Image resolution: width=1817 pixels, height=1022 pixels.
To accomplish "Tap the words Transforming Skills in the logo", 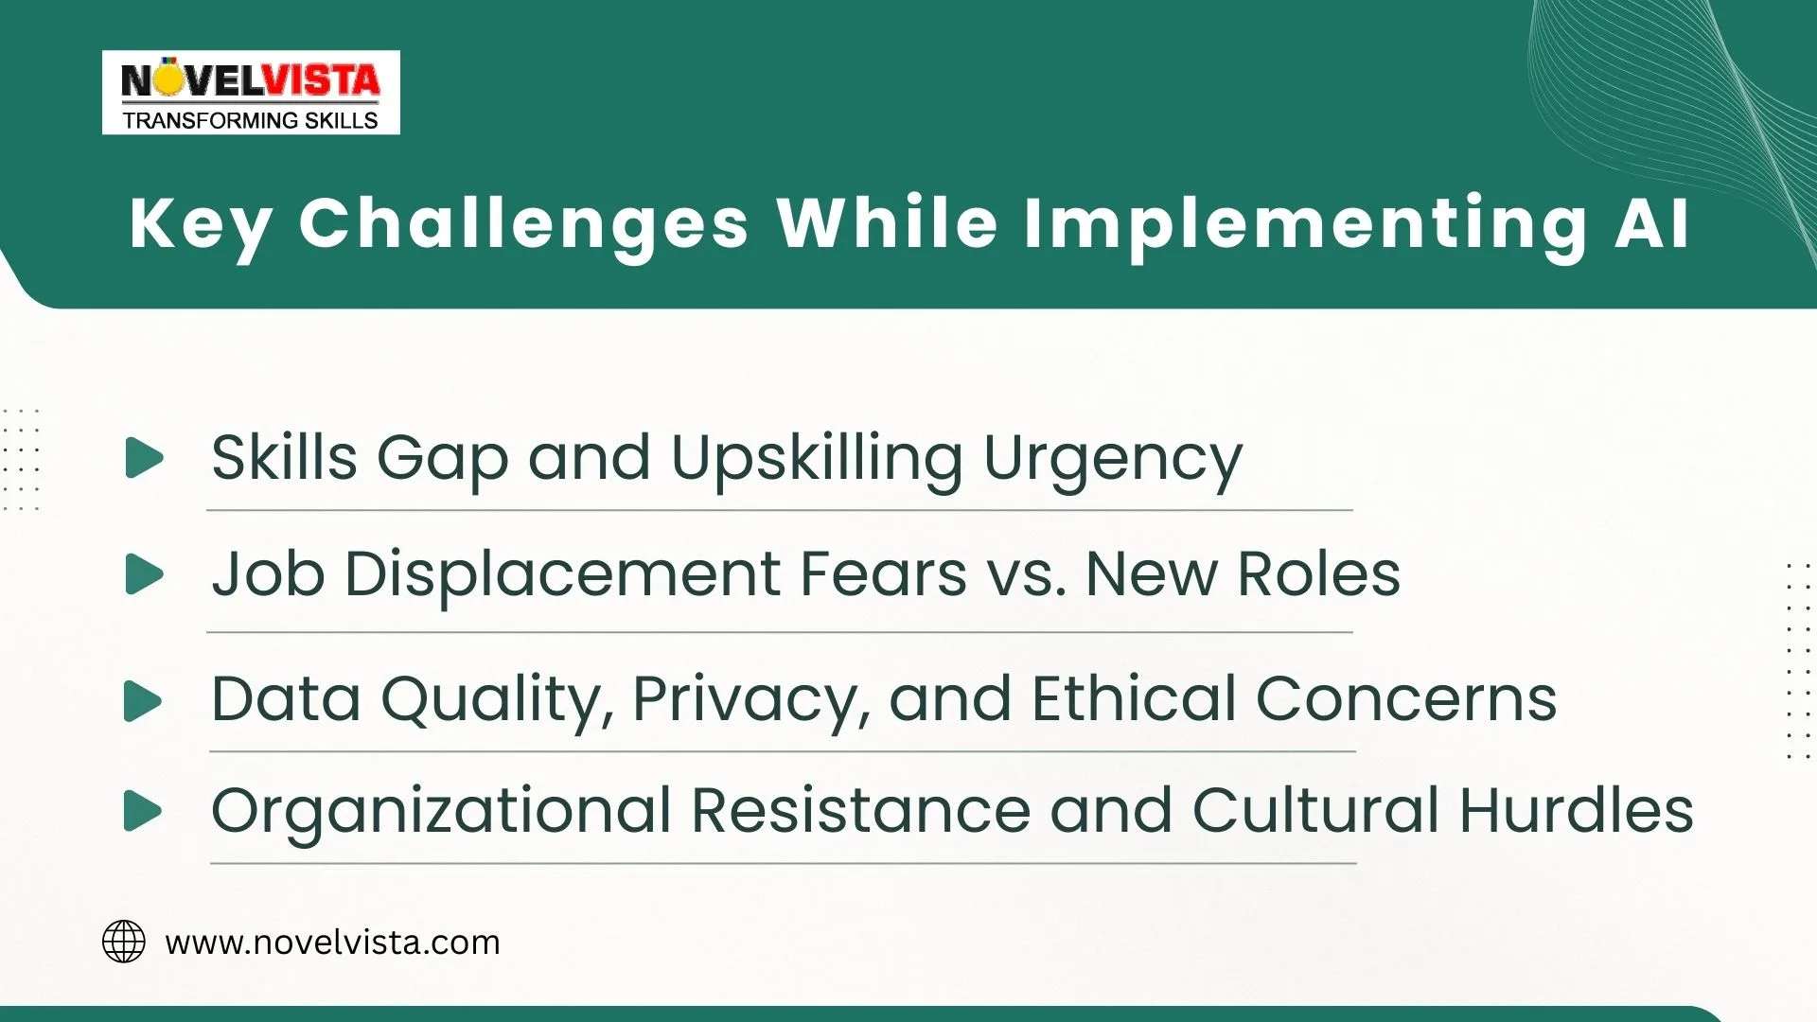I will pos(250,120).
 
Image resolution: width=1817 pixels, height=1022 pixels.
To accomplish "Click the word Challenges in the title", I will pos(523,224).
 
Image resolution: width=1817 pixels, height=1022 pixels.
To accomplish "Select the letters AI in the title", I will pos(1651,224).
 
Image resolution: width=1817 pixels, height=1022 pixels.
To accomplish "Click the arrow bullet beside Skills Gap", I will pos(144,458).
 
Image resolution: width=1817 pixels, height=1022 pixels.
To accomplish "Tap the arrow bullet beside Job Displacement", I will pos(144,574).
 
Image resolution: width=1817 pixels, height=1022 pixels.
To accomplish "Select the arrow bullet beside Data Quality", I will pos(143,701).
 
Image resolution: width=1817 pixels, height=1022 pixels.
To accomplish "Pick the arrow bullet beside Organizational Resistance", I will pos(143,811).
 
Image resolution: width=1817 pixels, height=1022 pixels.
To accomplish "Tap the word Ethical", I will pos(1133,699).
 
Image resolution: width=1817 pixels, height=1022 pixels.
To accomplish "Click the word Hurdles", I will pos(1575,811).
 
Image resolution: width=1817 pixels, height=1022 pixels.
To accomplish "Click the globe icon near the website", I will pos(124,942).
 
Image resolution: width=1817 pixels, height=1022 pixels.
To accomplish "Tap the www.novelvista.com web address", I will pos(332,943).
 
